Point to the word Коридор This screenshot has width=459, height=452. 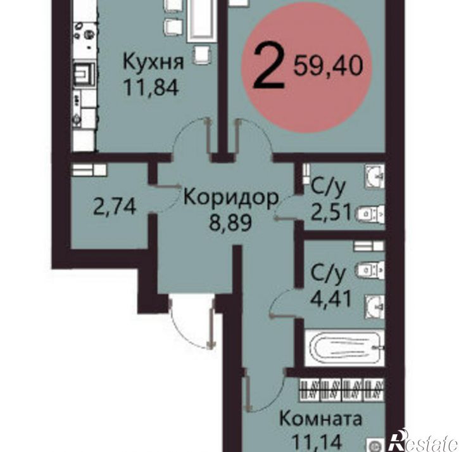(x=230, y=198)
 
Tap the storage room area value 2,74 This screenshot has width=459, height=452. (x=114, y=207)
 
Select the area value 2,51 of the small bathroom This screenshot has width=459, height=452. (x=330, y=210)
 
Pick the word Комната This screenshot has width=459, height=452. (x=321, y=419)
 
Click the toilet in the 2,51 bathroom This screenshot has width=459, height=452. (x=369, y=214)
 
